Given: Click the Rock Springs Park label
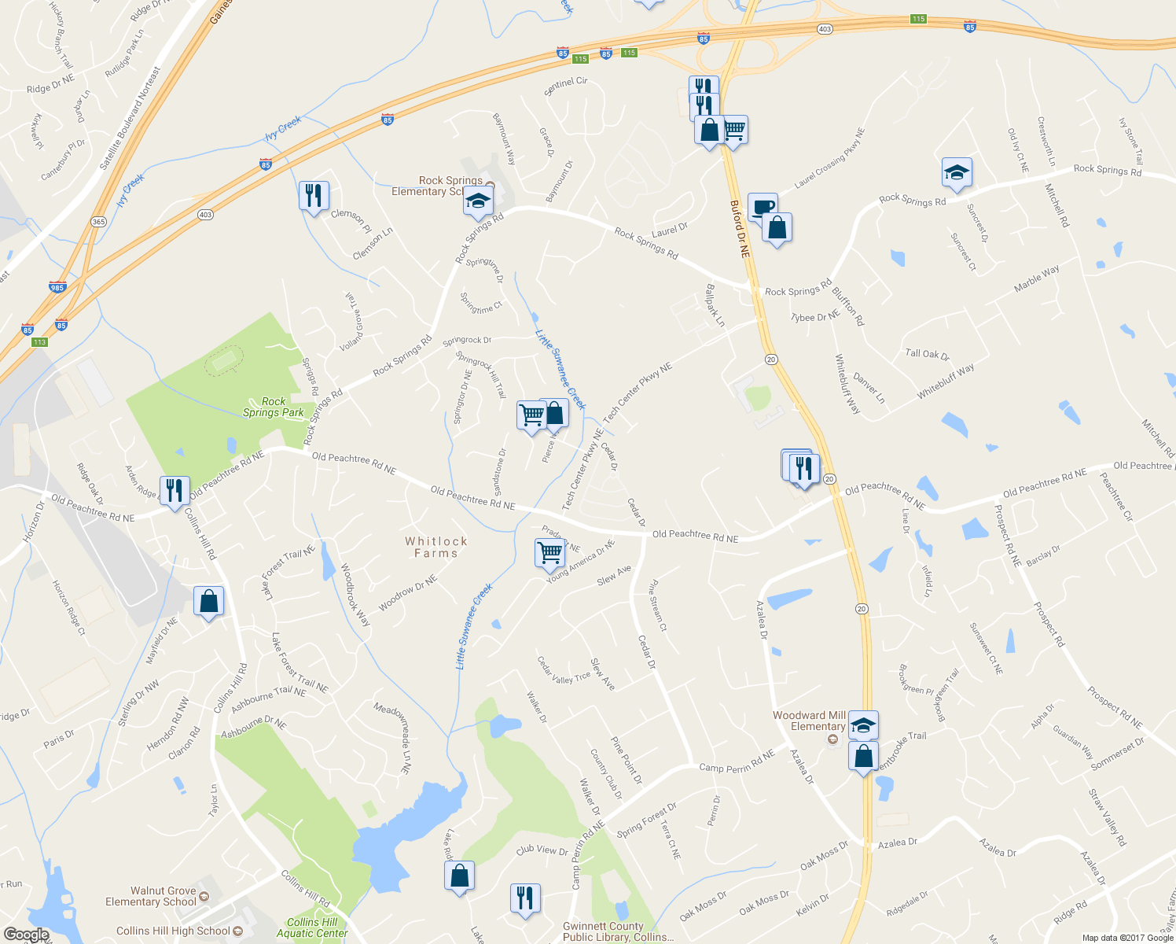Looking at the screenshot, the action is pyautogui.click(x=273, y=407).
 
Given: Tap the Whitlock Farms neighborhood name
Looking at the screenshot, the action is pyautogui.click(x=436, y=547).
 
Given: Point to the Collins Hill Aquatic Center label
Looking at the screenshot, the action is pyautogui.click(x=312, y=927).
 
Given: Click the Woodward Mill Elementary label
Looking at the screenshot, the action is pyautogui.click(x=810, y=721).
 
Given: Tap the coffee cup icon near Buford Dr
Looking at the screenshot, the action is pyautogui.click(x=762, y=207).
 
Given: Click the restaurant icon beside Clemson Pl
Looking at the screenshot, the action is pyautogui.click(x=314, y=195).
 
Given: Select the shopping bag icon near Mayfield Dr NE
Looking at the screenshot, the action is pyautogui.click(x=209, y=601).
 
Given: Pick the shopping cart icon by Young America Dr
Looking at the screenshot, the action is pyautogui.click(x=549, y=552).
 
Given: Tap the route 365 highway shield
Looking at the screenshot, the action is pyautogui.click(x=98, y=222).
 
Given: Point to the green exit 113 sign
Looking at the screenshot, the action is pyautogui.click(x=40, y=341).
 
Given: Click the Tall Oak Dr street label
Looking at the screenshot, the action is pyautogui.click(x=928, y=354).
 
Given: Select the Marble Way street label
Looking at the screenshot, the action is pyautogui.click(x=1036, y=278).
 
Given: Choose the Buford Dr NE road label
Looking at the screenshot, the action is pyautogui.click(x=740, y=229).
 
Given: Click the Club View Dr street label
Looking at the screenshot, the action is pyautogui.click(x=542, y=850).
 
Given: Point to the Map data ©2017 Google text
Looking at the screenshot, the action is pyautogui.click(x=1127, y=937).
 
